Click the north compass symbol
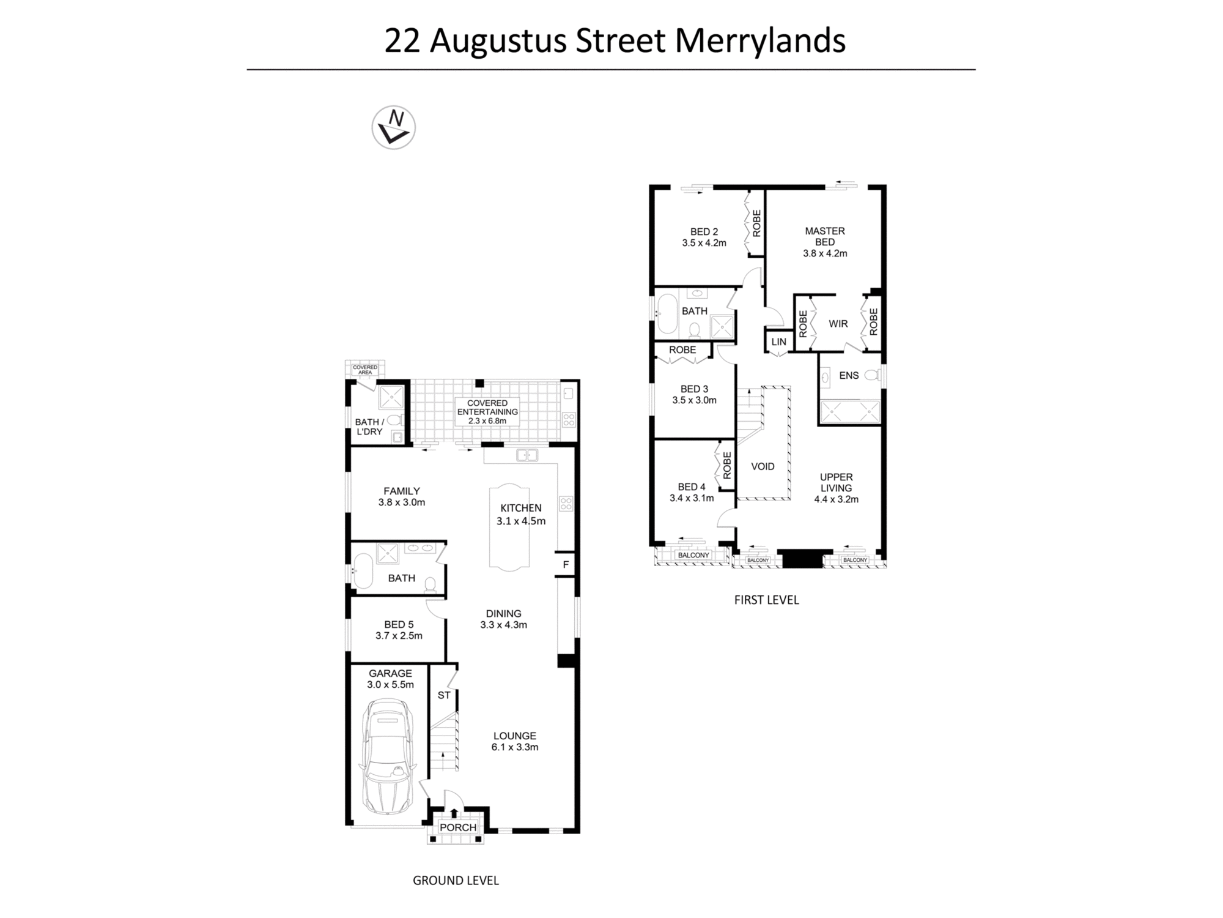(393, 127)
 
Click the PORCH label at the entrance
(457, 827)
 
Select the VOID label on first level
(762, 466)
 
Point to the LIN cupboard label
(778, 342)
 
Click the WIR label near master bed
(838, 324)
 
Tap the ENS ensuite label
(849, 376)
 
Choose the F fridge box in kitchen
(566, 564)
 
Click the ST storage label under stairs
(444, 695)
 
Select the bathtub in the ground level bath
(363, 571)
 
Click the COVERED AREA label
(365, 370)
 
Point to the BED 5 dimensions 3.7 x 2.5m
(399, 636)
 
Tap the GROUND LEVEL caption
(456, 880)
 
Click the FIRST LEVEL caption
(766, 600)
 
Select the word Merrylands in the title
(760, 40)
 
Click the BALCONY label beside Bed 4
(693, 555)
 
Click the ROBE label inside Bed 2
(756, 223)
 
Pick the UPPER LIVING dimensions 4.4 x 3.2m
(836, 499)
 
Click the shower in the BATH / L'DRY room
(390, 397)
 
